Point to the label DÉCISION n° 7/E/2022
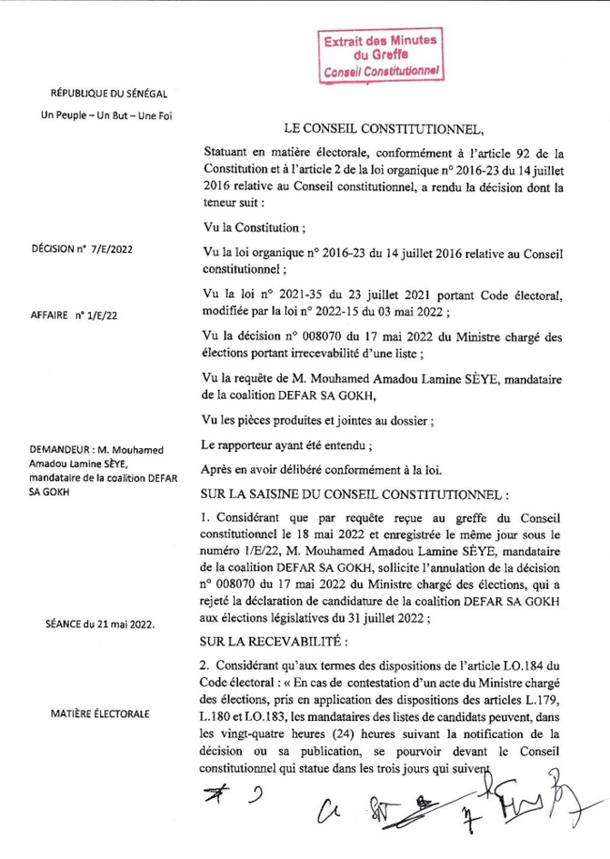pyautogui.click(x=82, y=247)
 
